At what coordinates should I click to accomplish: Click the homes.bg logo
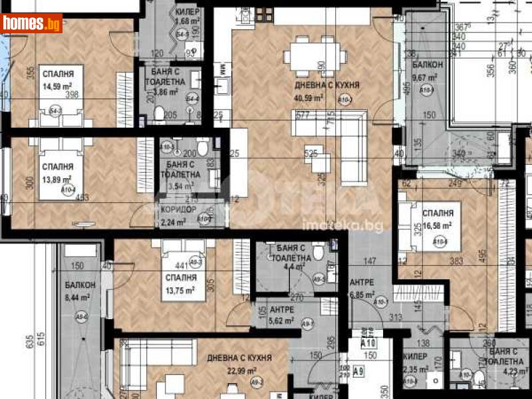[x=32, y=24]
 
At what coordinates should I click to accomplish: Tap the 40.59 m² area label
[x=310, y=97]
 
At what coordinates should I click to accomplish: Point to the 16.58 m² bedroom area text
[x=437, y=225]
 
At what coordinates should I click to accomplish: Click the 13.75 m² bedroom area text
[x=180, y=290]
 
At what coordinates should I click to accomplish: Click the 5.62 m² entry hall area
[x=282, y=321]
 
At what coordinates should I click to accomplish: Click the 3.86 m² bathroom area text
[x=166, y=93]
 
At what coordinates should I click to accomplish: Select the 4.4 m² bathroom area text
[x=289, y=269]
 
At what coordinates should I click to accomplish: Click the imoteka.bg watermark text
[x=325, y=227]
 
